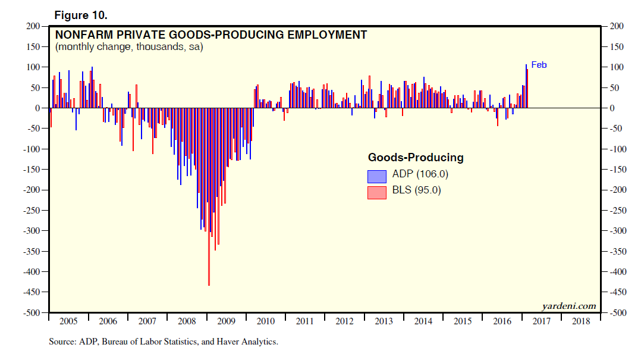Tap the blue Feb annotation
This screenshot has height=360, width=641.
point(539,65)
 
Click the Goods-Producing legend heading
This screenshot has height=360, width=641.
point(416,158)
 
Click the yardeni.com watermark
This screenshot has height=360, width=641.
point(568,306)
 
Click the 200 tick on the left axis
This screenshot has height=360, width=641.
point(33,26)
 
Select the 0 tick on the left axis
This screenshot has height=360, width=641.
point(37,108)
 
